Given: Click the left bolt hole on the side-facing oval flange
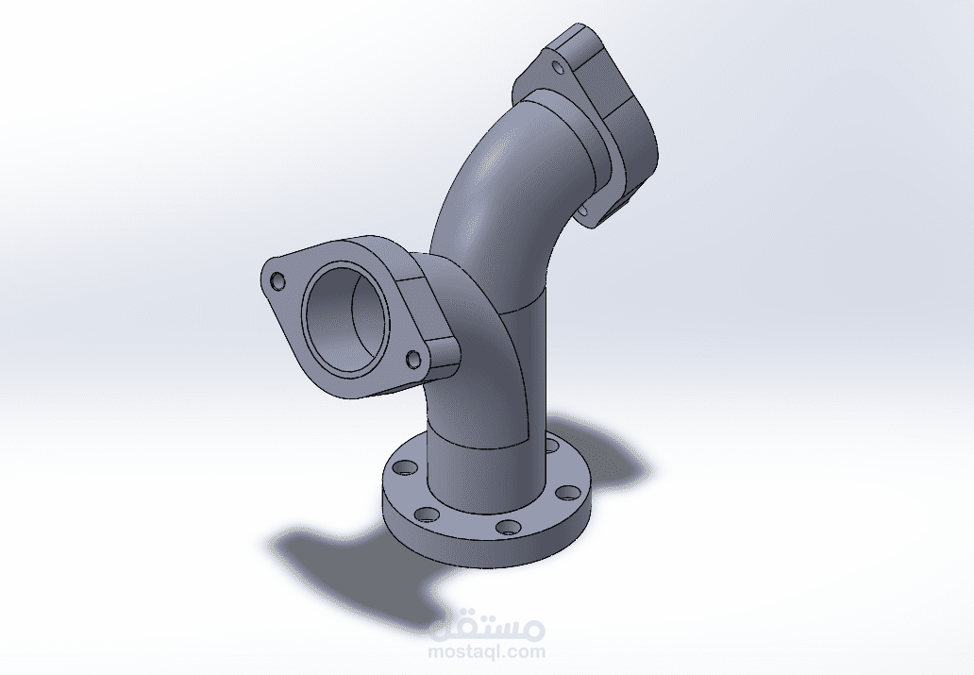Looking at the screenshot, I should coord(277,282).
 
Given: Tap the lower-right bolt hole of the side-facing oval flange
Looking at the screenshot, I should coord(412,359).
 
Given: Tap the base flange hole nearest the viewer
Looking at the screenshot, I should coord(507,526).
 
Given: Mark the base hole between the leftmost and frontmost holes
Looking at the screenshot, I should coord(427,514).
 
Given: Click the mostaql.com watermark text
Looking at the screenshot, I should coord(487,651).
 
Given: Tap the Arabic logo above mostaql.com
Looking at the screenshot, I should coord(487,625).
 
